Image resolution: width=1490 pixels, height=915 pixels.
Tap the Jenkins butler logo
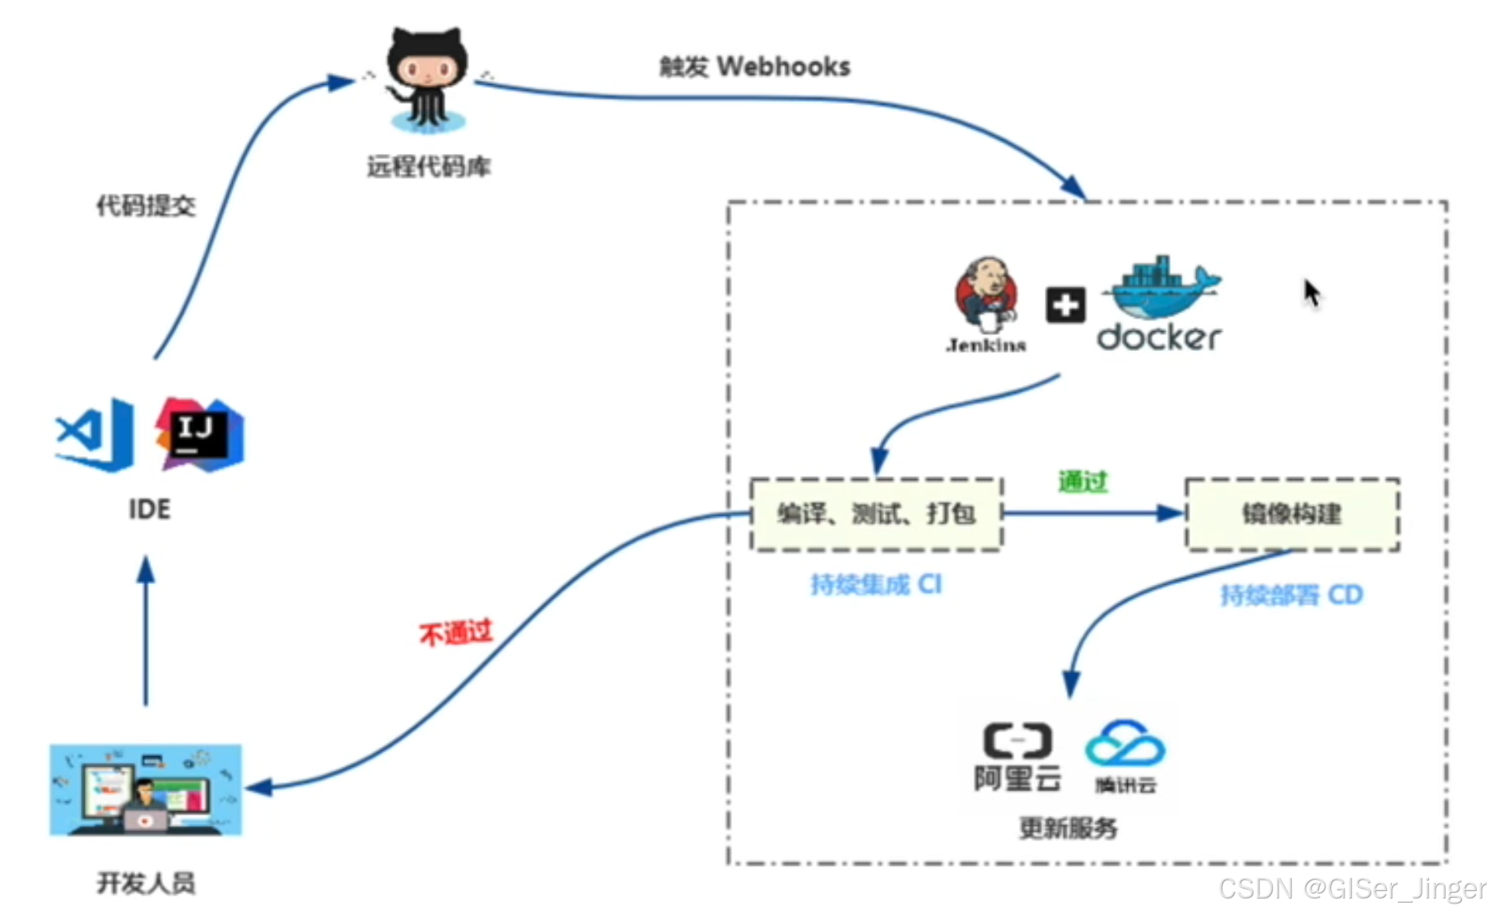(987, 296)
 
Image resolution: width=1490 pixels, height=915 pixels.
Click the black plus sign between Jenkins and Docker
(1065, 306)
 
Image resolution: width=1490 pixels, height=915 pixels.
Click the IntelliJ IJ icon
(199, 435)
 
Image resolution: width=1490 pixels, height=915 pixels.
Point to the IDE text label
(150, 509)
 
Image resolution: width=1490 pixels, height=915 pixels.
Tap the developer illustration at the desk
(146, 790)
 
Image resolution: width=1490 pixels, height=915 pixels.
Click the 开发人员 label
(147, 883)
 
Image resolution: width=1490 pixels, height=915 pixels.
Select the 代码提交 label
(147, 205)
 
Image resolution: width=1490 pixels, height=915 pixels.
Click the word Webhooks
(783, 67)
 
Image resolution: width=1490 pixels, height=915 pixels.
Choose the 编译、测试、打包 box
(876, 514)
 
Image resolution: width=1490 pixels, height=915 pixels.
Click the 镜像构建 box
(1292, 514)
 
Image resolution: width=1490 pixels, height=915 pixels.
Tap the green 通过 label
(1083, 481)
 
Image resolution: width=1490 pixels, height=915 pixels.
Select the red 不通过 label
(455, 633)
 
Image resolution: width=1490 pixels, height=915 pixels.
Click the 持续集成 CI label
(876, 584)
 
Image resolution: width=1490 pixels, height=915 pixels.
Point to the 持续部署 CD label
(1291, 595)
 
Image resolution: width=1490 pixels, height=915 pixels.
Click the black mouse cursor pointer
(1311, 292)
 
